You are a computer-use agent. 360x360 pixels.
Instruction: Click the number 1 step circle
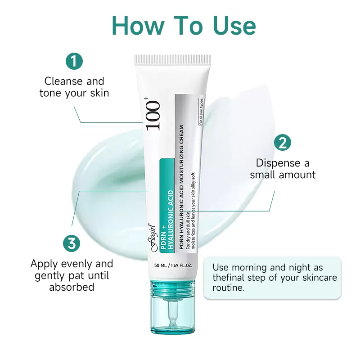pos(74,61)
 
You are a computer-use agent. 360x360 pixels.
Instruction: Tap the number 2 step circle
pos(283,143)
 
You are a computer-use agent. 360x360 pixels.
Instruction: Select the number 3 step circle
pos(72,243)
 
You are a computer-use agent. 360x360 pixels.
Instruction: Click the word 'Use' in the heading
pos(234,26)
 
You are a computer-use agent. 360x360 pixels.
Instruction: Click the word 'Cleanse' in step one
pos(63,81)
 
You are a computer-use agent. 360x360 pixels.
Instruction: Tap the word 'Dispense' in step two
pos(278,163)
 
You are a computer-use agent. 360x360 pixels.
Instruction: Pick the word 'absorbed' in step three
pos(72,287)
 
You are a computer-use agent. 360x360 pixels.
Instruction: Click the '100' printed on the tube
pos(153,116)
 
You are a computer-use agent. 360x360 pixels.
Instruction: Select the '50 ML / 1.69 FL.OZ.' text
pos(173,265)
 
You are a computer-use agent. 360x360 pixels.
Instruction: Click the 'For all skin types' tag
pos(201,112)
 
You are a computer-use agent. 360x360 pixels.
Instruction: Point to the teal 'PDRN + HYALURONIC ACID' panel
pos(167,206)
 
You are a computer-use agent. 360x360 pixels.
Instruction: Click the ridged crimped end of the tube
pos(172,59)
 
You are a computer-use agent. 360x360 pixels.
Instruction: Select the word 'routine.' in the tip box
pos(229,288)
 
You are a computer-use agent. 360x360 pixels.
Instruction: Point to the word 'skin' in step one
pos(99,93)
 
